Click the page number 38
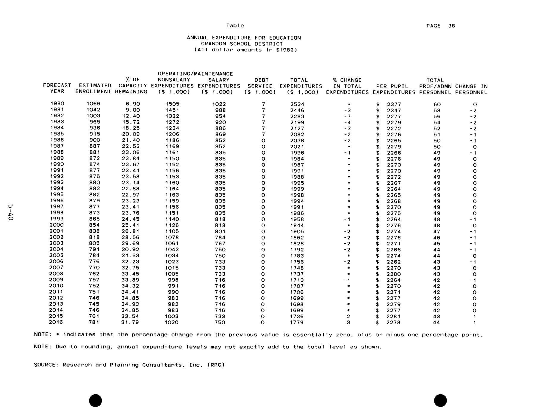[x=451, y=26]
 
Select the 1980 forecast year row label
[x=57, y=104]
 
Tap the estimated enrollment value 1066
[x=93, y=104]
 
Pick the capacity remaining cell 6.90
[x=133, y=104]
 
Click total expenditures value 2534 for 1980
[x=297, y=104]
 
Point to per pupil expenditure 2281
[x=394, y=316]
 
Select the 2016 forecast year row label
[x=56, y=322]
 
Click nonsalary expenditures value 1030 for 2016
[x=172, y=322]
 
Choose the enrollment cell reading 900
[x=95, y=140]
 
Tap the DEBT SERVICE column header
[x=260, y=86]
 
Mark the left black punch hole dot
[x=96, y=400]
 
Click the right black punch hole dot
[x=440, y=400]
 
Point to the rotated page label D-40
[x=10, y=212]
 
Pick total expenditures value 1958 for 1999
[x=297, y=219]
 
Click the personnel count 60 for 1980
[x=437, y=104]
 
